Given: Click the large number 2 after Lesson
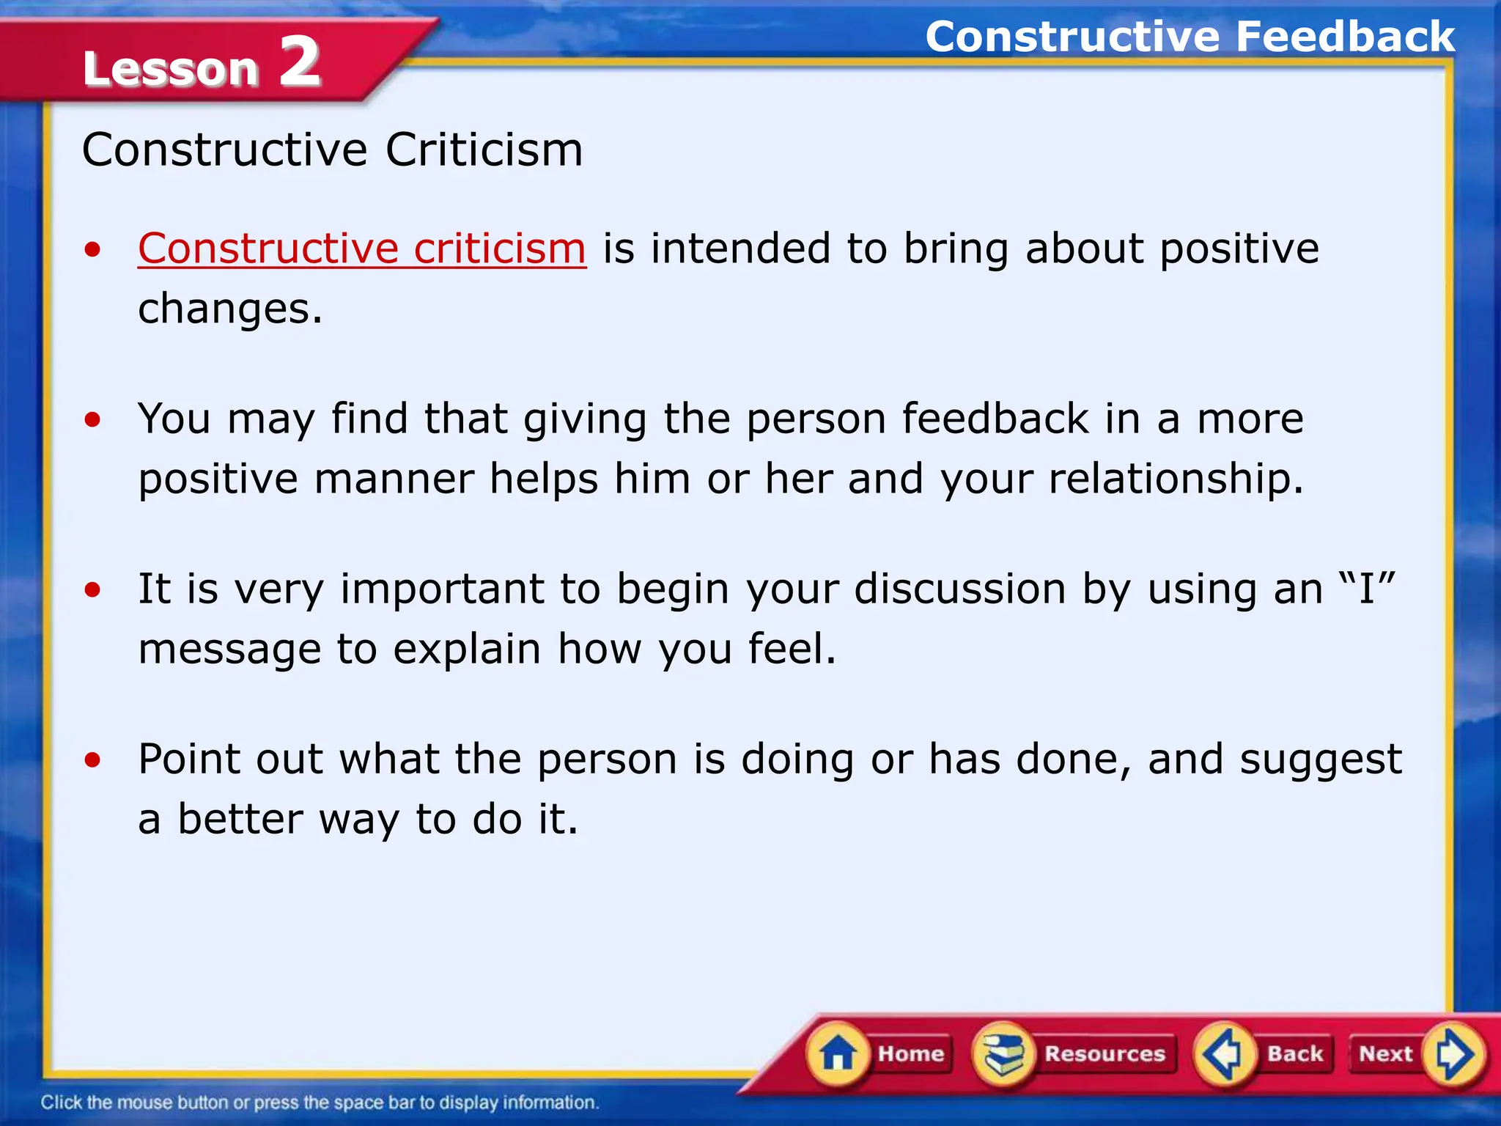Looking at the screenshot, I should pyautogui.click(x=300, y=63).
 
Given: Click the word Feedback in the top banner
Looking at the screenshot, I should pyautogui.click(x=1345, y=37).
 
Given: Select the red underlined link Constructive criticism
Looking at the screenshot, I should pyautogui.click(x=362, y=249).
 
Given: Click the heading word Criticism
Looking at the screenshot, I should pyautogui.click(x=484, y=150).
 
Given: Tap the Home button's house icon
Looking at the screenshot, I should pyautogui.click(x=838, y=1054).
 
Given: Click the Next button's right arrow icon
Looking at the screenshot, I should pyautogui.click(x=1453, y=1054).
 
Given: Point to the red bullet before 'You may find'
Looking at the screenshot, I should pyautogui.click(x=92, y=420).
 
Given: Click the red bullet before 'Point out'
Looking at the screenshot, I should pyautogui.click(x=92, y=759).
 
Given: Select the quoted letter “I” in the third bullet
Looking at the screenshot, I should pyautogui.click(x=1366, y=589).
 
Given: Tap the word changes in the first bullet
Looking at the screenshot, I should pyautogui.click(x=229, y=309).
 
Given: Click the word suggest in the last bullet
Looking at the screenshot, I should pyautogui.click(x=1320, y=759).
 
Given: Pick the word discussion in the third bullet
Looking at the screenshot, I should pyautogui.click(x=959, y=589).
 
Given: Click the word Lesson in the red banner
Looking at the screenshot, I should pyautogui.click(x=171, y=69).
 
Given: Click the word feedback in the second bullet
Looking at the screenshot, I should pyautogui.click(x=995, y=419).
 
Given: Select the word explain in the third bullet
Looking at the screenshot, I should pyautogui.click(x=467, y=650).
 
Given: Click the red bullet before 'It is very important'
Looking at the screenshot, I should pyautogui.click(x=92, y=589).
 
